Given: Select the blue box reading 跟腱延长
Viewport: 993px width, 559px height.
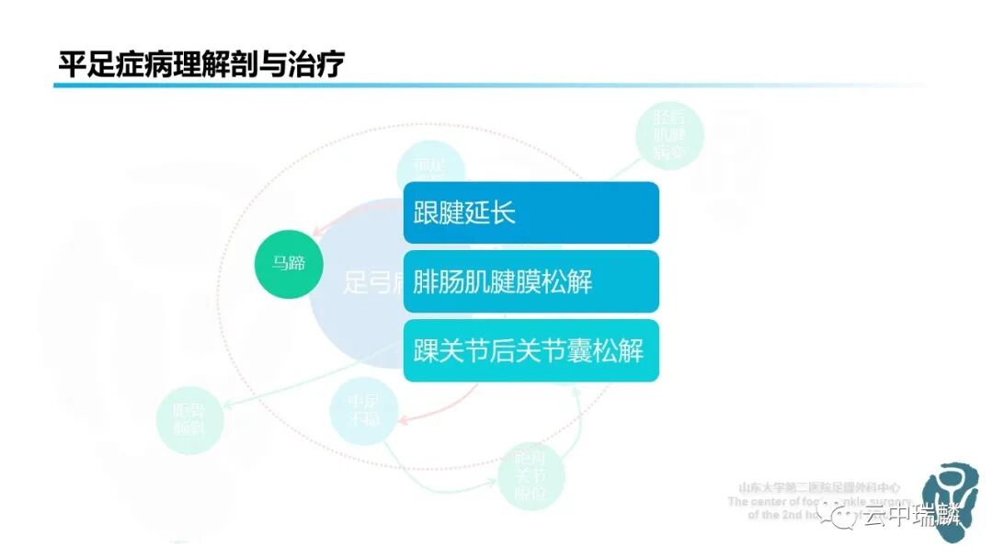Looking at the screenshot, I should pyautogui.click(x=531, y=212).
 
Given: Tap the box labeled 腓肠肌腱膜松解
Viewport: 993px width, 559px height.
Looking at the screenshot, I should pyautogui.click(x=531, y=281).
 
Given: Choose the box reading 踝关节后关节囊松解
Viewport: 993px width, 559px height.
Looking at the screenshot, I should pyautogui.click(x=531, y=350).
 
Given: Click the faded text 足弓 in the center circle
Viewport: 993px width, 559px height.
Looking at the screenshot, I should pyautogui.click(x=363, y=282).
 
